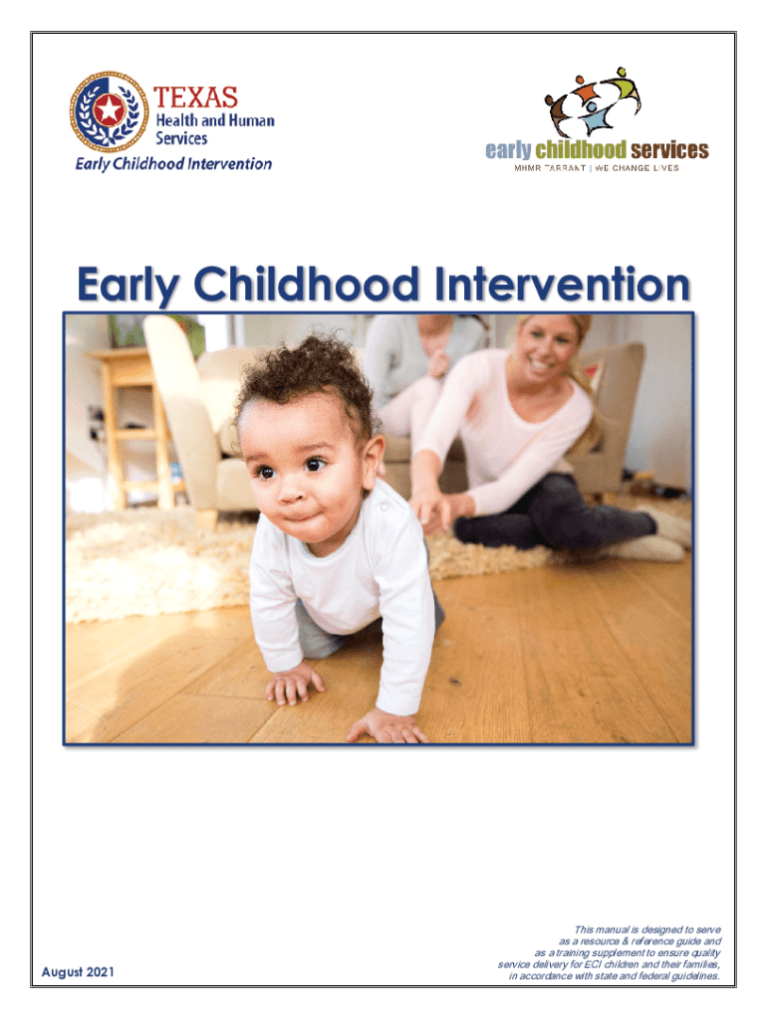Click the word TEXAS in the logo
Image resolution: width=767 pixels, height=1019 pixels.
point(196,98)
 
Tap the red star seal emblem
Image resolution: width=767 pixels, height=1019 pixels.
point(109,111)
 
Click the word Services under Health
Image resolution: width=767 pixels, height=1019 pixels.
point(181,138)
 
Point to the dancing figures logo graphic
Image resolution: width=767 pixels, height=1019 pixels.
point(593,102)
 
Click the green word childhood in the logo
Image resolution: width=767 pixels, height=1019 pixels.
point(581,150)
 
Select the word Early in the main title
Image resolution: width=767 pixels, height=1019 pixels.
point(128,286)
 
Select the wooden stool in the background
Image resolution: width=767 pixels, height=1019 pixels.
point(134,426)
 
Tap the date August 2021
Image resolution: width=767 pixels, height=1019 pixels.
point(78,971)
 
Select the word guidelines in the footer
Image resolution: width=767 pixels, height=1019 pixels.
point(695,976)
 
